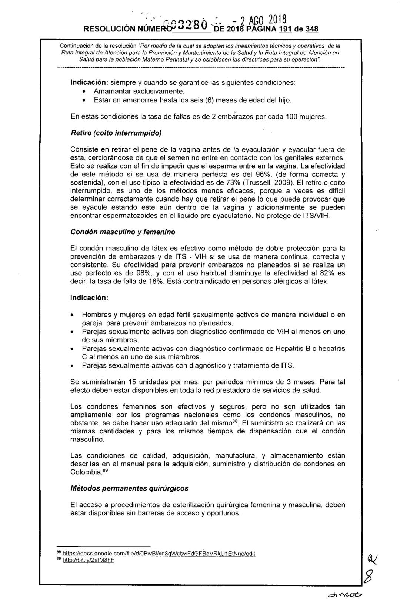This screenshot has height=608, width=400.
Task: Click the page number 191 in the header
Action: click(x=284, y=29)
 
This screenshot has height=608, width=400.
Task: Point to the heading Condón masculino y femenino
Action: click(x=123, y=232)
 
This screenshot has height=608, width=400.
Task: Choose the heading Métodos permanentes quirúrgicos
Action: click(x=129, y=488)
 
